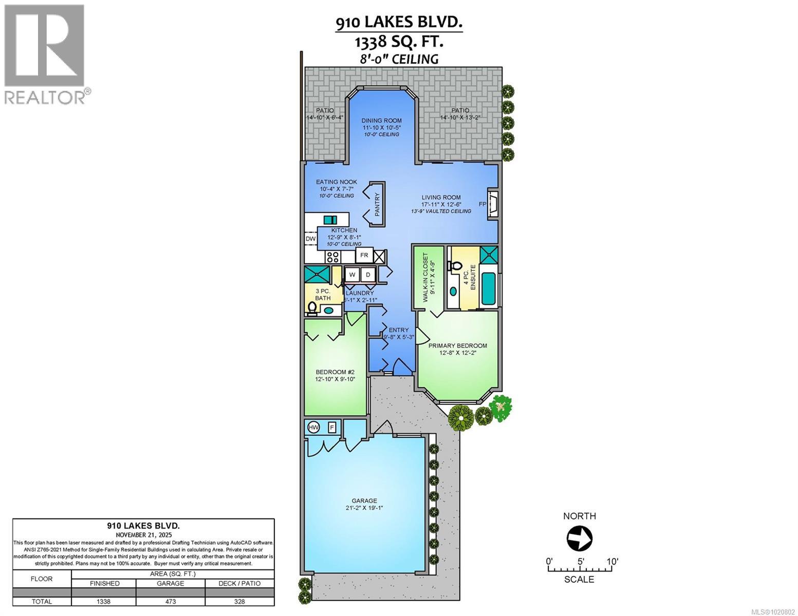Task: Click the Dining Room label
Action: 381,121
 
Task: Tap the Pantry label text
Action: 377,204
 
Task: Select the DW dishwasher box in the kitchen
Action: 310,239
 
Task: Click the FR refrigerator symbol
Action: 364,255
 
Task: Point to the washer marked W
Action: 352,275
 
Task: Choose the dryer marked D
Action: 368,275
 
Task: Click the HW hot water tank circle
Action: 313,427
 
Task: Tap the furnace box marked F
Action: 331,427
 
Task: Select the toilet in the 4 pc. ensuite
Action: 454,266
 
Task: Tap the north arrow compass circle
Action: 579,538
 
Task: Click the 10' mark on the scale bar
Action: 611,562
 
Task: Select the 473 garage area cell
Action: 170,601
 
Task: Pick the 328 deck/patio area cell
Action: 239,601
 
